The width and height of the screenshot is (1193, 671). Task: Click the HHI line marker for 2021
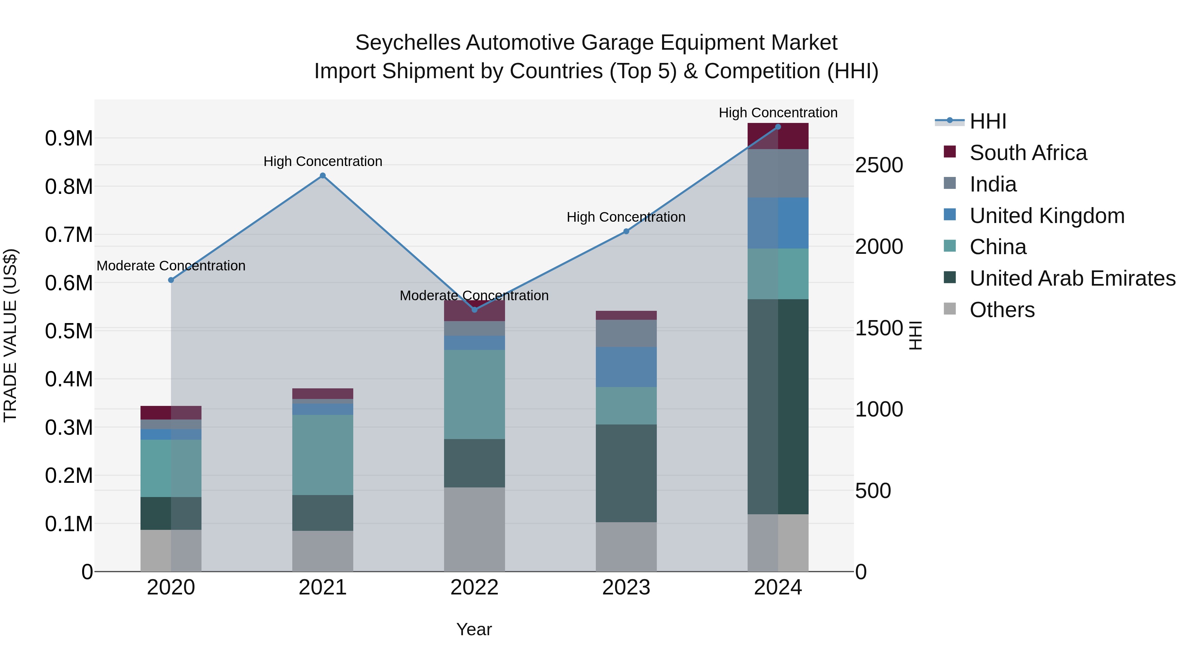pos(323,176)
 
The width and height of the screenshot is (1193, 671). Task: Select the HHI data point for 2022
pos(474,309)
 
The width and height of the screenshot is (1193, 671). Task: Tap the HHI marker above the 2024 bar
pos(778,127)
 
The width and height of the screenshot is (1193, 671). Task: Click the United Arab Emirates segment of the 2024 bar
pos(778,406)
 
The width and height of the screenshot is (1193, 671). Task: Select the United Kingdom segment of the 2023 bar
pos(626,367)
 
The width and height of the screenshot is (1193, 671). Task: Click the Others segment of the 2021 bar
pos(323,551)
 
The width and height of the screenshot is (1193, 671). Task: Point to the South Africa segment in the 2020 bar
pos(171,413)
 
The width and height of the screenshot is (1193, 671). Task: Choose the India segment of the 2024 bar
pos(778,173)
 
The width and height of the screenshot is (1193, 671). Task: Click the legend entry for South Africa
pos(1028,153)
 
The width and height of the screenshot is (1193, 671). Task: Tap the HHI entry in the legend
pos(988,121)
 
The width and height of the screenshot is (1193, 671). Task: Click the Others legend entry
pos(1002,310)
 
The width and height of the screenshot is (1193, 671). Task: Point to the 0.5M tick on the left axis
pos(69,331)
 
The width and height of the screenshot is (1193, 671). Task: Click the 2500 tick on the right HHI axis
pos(879,165)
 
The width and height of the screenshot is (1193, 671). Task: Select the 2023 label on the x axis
pos(626,587)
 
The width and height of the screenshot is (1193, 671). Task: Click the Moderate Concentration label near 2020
pos(171,266)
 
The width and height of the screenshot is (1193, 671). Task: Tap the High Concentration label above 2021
pos(323,162)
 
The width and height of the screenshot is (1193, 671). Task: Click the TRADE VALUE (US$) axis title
pos(10,335)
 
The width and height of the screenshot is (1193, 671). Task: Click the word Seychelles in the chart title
pos(408,43)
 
